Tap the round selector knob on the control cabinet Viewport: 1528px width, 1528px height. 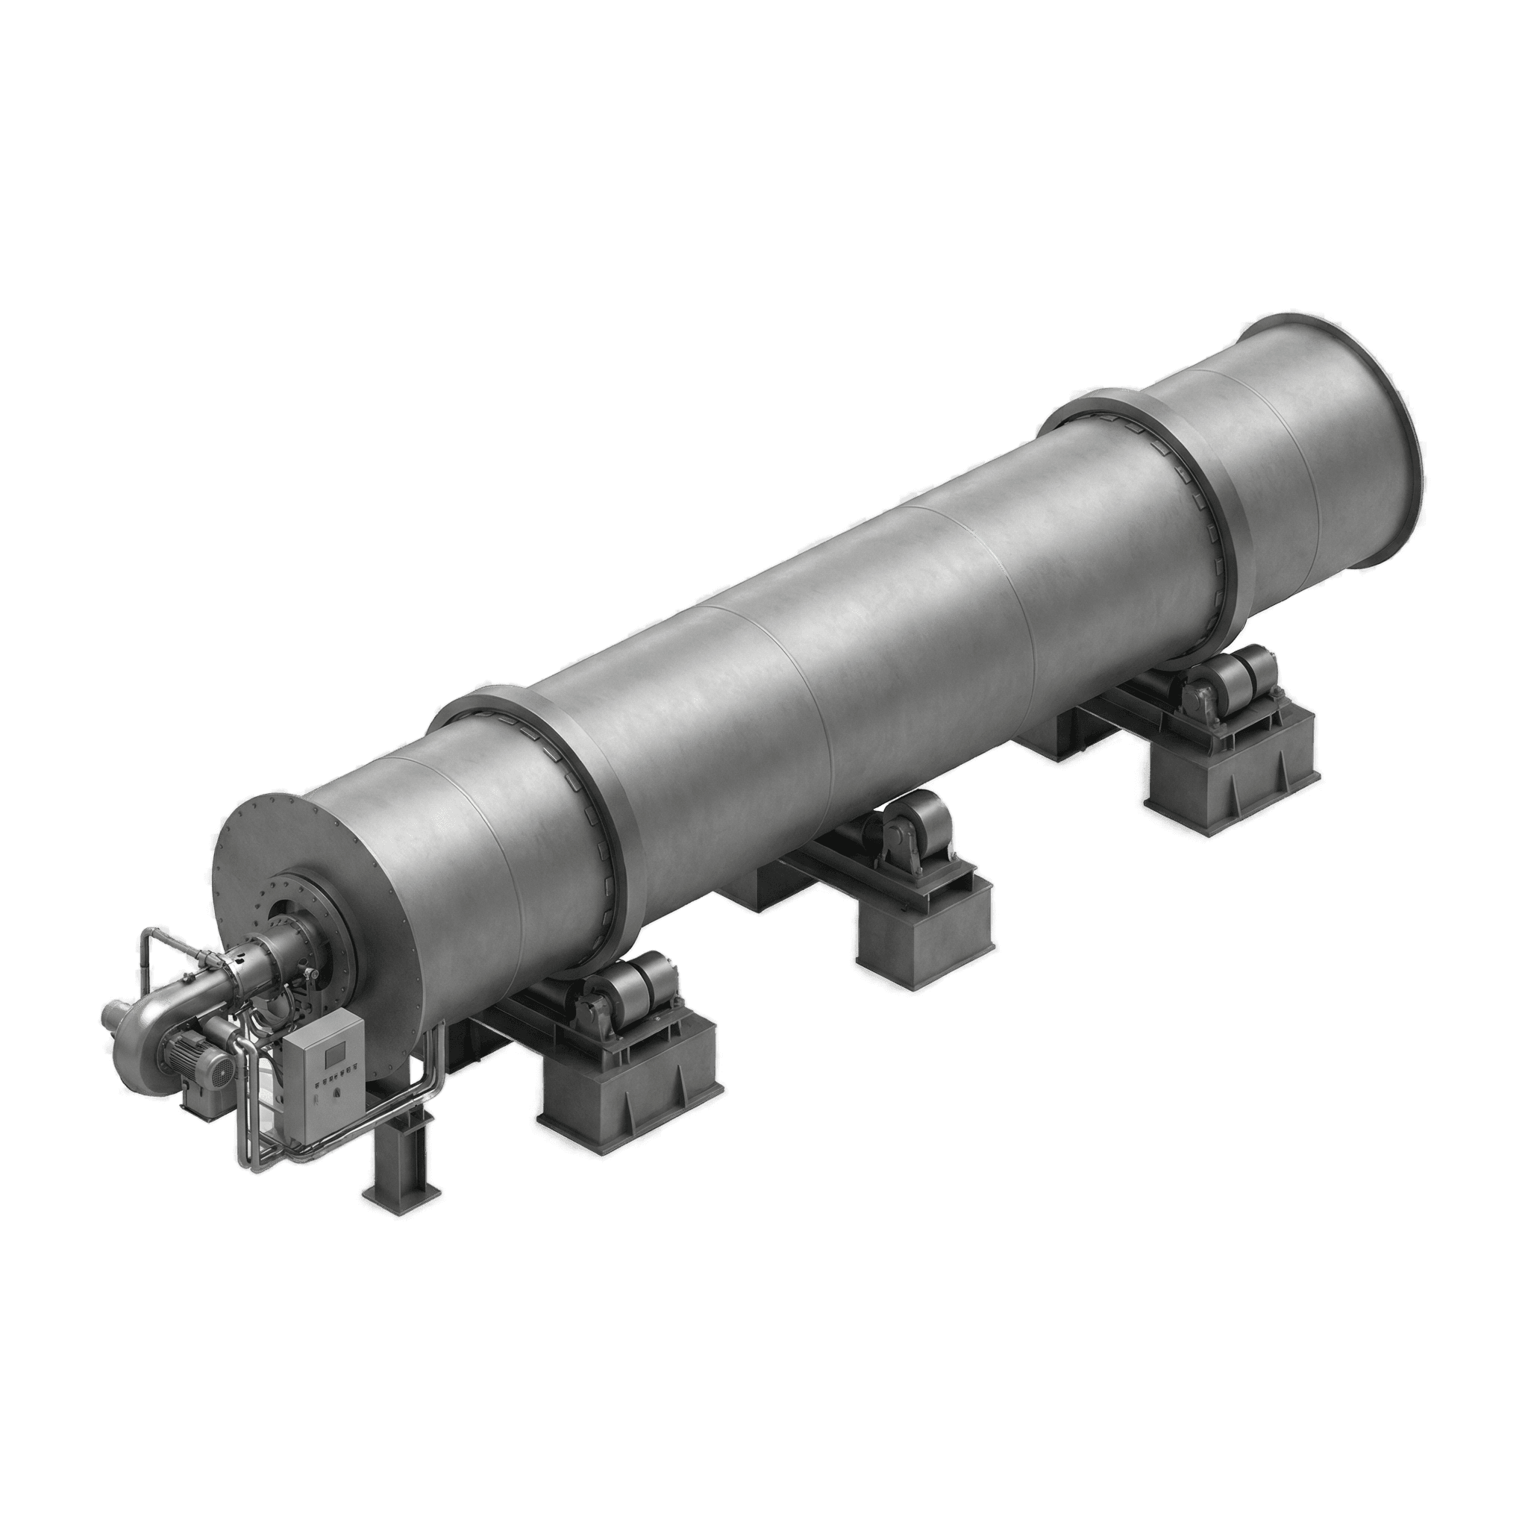337,1094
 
